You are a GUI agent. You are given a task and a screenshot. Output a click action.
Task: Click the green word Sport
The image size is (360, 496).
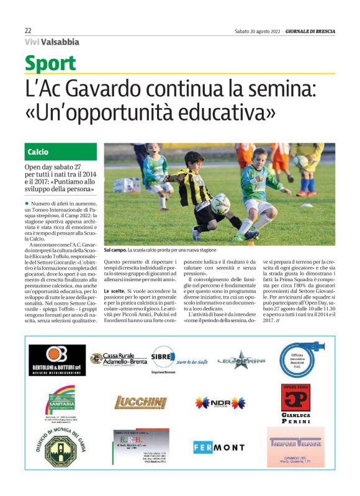coord(50,63)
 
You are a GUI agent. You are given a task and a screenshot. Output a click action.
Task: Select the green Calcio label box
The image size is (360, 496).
coord(61,151)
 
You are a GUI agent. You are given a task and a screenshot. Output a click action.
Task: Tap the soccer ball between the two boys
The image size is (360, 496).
coord(219,203)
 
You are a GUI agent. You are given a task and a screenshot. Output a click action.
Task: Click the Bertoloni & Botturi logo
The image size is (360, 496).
coord(57,360)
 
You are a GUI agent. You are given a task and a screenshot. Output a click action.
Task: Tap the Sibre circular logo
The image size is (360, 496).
coord(163,358)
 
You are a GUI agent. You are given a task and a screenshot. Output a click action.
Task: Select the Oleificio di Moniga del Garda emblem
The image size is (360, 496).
coord(58,446)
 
